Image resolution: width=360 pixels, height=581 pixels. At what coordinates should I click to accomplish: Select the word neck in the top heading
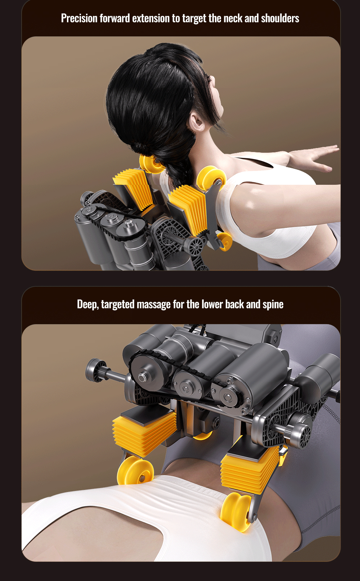click(233, 18)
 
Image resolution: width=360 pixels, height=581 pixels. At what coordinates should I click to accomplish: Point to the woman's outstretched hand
click(317, 156)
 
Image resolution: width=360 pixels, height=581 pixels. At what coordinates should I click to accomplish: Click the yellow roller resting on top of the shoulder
click(211, 178)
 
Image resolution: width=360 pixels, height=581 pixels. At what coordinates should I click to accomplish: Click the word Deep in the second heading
click(87, 304)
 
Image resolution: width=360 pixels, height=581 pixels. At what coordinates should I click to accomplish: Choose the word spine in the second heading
click(273, 304)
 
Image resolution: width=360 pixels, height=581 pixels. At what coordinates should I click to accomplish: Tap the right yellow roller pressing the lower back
click(236, 512)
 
